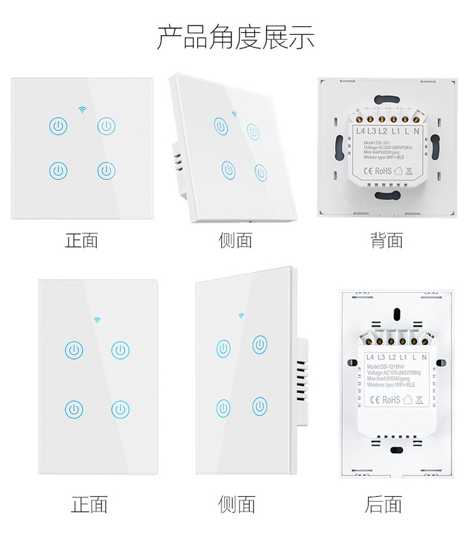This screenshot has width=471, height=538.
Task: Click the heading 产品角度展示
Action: [x=235, y=38]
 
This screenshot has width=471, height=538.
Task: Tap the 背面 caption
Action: [x=386, y=240]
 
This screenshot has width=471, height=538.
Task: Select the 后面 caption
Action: [x=383, y=504]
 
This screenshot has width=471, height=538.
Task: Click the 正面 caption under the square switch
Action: [x=81, y=240]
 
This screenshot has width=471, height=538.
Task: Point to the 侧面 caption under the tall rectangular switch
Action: [x=237, y=504]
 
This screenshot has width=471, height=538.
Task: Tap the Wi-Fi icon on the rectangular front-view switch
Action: [x=96, y=319]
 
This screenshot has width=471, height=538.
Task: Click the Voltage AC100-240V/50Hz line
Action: [x=394, y=373]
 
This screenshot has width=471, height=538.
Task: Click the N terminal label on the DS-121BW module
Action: [x=427, y=356]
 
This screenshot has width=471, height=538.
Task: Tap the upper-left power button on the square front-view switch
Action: [x=59, y=125]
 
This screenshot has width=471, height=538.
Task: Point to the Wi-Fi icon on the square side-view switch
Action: [x=235, y=114]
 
